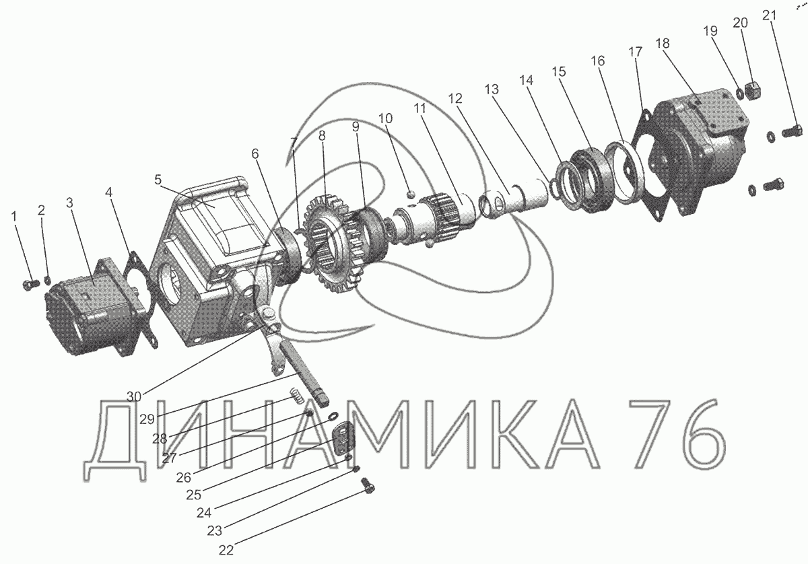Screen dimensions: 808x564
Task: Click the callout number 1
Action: (x=14, y=217)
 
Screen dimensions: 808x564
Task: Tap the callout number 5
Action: (x=158, y=180)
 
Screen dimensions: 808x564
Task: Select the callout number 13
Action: (x=492, y=89)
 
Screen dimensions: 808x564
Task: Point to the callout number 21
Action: (x=769, y=15)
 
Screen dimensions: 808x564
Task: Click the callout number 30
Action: (x=134, y=396)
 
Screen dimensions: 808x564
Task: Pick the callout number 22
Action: (x=226, y=551)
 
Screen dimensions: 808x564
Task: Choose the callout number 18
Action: (x=663, y=43)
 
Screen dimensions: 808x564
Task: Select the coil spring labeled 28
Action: (x=298, y=394)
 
